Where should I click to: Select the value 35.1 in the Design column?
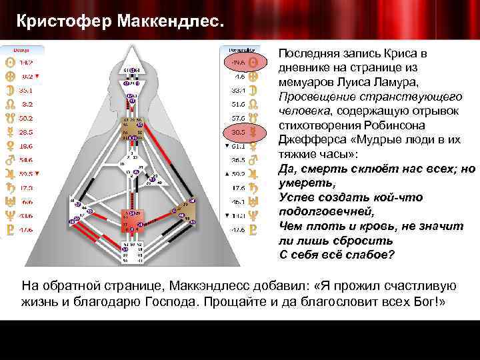(26, 89)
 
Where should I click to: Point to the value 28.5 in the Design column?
(26, 133)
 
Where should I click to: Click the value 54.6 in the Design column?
(26, 160)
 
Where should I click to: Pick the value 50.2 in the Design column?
(26, 118)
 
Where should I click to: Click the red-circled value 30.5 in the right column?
(237, 131)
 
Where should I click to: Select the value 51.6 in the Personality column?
(237, 104)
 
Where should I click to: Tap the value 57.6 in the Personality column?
(237, 117)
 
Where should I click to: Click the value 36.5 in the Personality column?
(237, 160)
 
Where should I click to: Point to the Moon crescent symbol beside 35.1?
(9, 89)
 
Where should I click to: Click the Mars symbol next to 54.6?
(9, 160)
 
